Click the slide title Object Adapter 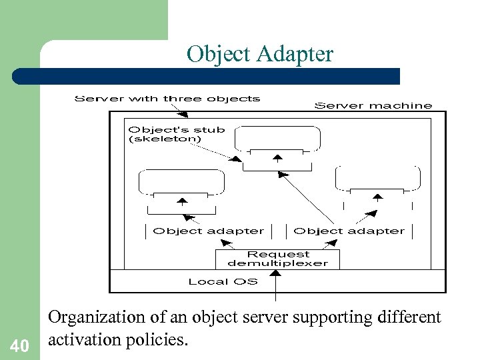(260, 54)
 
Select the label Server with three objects (167, 99)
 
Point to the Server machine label (373, 105)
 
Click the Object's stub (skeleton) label (176, 134)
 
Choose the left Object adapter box (208, 231)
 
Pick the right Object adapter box (349, 231)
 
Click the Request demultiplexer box (278, 259)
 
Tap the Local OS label (223, 281)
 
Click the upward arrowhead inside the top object (278, 157)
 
